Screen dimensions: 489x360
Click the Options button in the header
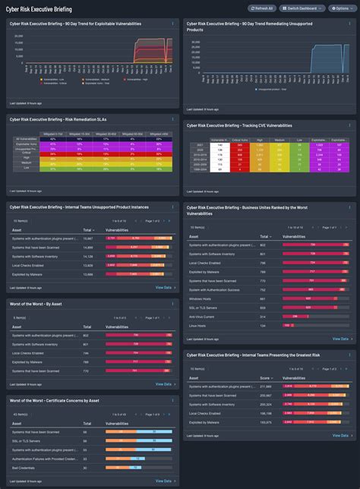tap(339, 8)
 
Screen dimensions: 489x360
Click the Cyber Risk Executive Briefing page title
tap(39, 8)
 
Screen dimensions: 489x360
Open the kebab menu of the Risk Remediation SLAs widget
tap(172, 119)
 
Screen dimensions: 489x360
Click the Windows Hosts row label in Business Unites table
tap(200, 298)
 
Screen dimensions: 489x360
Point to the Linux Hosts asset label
tap(198, 325)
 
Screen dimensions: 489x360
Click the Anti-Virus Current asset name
tap(203, 316)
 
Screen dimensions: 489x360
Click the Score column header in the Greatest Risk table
tap(265, 377)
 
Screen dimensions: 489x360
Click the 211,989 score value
tap(266, 386)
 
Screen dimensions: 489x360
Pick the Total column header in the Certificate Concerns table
tap(87, 423)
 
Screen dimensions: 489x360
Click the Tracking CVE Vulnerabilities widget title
tap(239, 125)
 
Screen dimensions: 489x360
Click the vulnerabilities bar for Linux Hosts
tap(289, 325)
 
